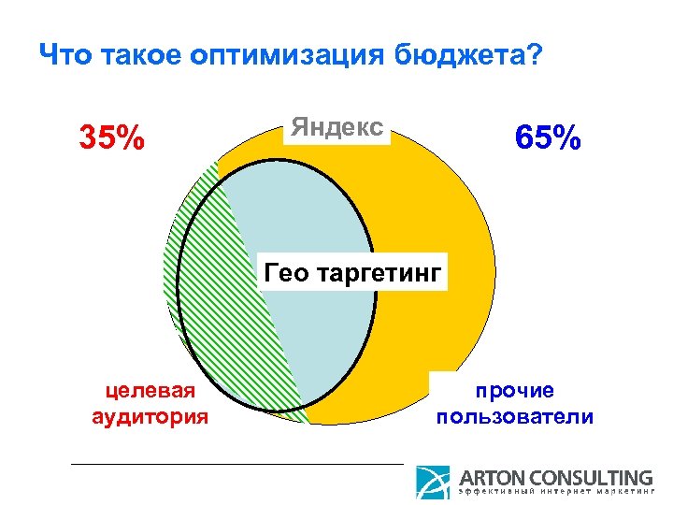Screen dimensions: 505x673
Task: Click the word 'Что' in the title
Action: (x=64, y=57)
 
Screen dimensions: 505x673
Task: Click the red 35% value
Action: (x=111, y=138)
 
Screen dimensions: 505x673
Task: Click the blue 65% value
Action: (x=548, y=138)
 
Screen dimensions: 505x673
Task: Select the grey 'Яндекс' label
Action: (x=336, y=127)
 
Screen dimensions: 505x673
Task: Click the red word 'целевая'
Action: (x=150, y=390)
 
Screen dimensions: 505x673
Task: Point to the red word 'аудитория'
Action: (x=150, y=415)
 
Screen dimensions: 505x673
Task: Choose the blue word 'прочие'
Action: (x=514, y=390)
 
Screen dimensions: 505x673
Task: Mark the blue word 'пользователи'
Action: (x=514, y=415)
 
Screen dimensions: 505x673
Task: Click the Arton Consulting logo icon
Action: (x=433, y=483)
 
